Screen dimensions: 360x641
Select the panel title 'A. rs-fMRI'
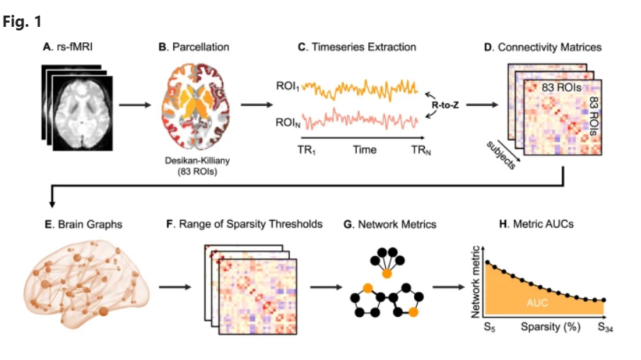pos(69,47)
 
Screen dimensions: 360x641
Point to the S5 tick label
pos(488,328)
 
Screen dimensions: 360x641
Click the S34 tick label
pos(606,328)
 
